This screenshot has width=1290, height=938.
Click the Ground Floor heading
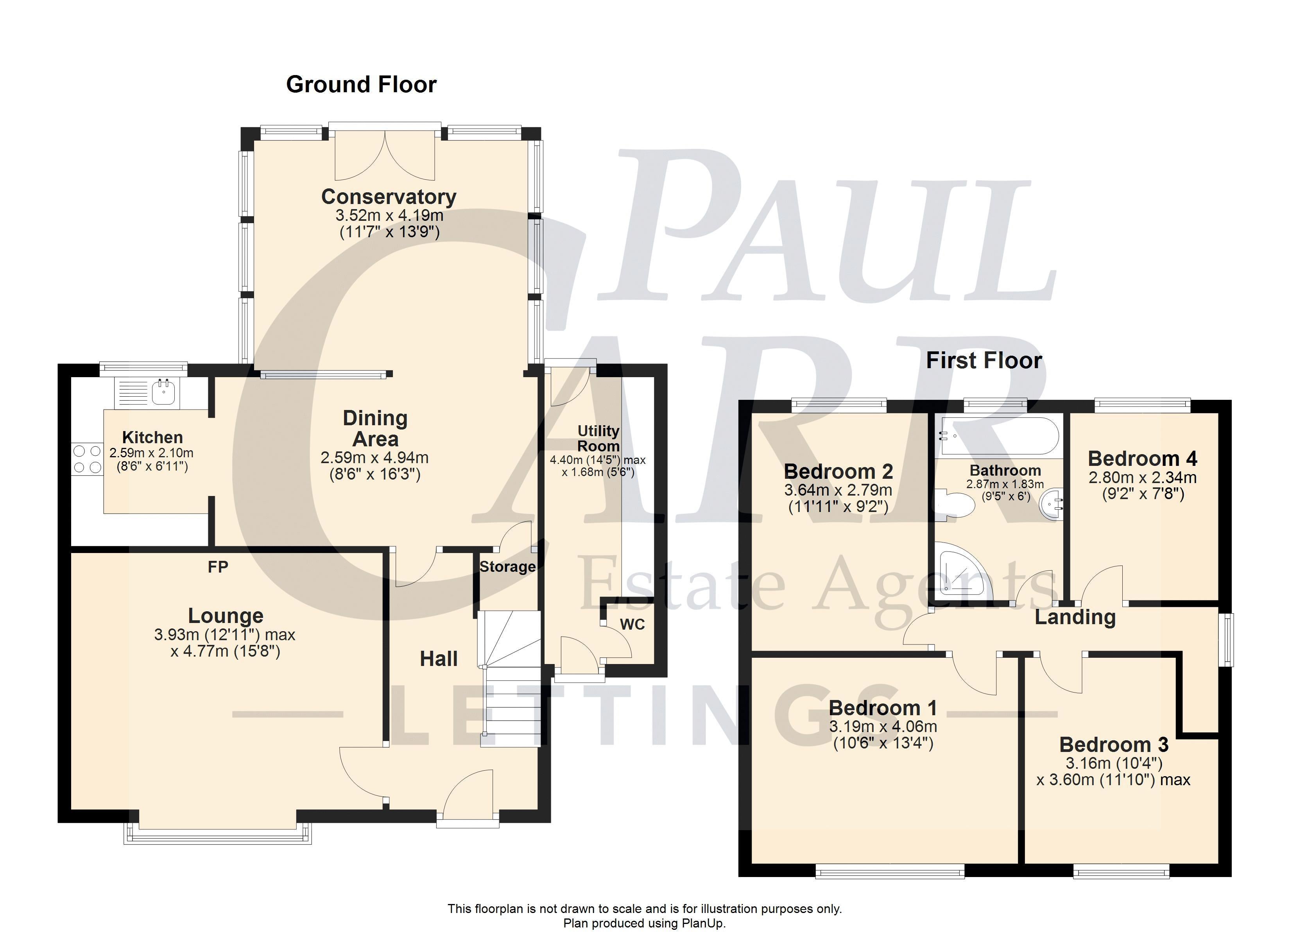tap(361, 84)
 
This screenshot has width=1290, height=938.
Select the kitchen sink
tap(163, 392)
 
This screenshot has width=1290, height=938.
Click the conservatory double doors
tap(385, 151)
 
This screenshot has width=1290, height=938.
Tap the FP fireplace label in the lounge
tap(218, 567)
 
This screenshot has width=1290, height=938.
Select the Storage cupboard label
tap(507, 567)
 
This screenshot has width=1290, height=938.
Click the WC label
tap(632, 625)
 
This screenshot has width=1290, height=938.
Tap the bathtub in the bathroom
tap(999, 436)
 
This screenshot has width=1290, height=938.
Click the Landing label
tap(1075, 617)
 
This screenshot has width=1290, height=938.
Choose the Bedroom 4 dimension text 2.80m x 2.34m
tap(1143, 478)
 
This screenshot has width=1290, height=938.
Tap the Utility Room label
tap(598, 438)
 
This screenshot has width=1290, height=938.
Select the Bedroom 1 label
tap(883, 708)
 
